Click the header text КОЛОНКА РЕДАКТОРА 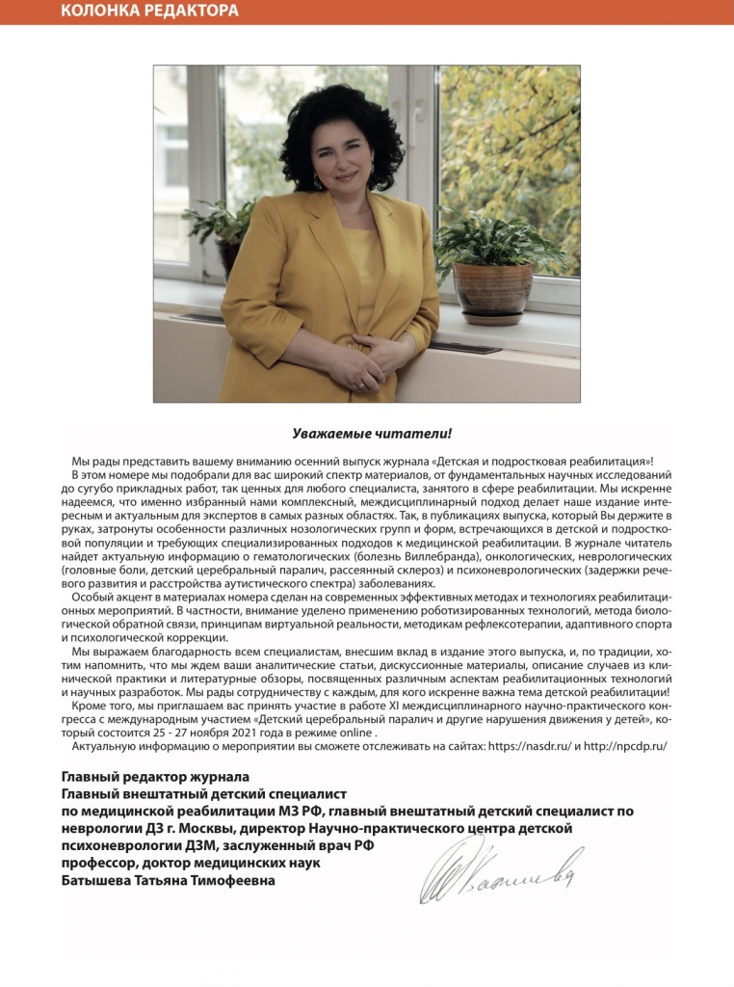149,12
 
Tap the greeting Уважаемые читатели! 366,434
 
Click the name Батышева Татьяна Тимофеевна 169,880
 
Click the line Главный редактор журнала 156,777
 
